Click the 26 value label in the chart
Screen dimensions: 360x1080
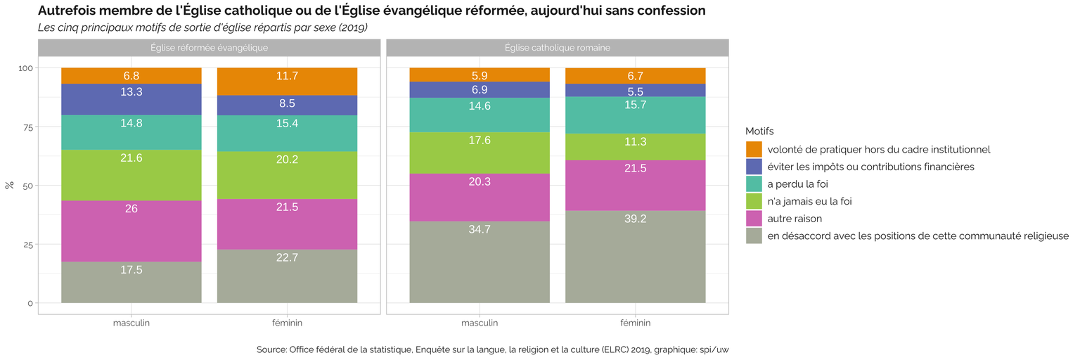click(131, 209)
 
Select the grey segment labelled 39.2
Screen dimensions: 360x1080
click(635, 257)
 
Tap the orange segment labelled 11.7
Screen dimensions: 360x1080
click(287, 82)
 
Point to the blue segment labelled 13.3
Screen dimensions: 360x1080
click(131, 99)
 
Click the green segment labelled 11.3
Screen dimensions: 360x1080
click(635, 147)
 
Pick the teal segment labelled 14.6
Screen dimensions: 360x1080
click(480, 115)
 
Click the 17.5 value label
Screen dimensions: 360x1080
click(131, 270)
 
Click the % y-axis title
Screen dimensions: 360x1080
click(10, 186)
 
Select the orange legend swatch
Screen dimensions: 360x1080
click(754, 150)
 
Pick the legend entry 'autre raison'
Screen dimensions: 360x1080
click(795, 219)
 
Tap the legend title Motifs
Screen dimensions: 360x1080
click(759, 131)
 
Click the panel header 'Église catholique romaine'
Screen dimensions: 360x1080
click(557, 48)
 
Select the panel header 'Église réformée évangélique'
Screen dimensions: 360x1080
click(209, 48)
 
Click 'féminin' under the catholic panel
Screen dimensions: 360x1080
click(635, 323)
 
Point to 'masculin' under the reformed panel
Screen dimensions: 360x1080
click(131, 323)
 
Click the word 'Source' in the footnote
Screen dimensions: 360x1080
click(271, 349)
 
